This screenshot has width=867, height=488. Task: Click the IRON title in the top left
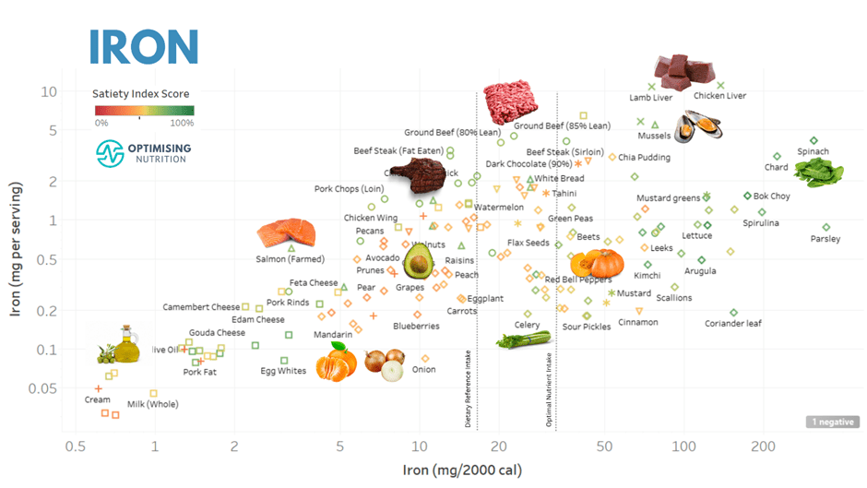click(144, 45)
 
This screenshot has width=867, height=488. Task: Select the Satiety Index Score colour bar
click(144, 111)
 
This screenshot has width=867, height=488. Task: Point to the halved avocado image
click(418, 261)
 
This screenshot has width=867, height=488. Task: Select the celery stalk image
click(523, 340)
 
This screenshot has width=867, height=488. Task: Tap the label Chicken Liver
click(719, 96)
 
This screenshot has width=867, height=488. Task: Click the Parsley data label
click(825, 239)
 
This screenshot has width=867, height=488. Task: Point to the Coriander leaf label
click(733, 324)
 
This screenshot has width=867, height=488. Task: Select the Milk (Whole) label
click(152, 404)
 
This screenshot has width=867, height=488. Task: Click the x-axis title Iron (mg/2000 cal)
click(462, 470)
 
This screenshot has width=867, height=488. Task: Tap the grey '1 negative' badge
click(831, 422)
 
